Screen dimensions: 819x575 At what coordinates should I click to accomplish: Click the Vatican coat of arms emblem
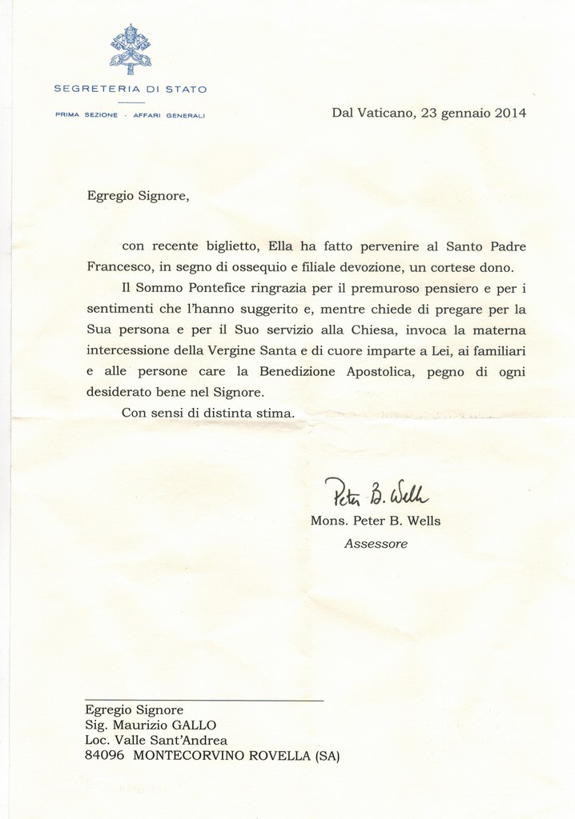tap(130, 49)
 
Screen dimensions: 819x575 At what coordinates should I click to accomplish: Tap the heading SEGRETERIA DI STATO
tap(130, 89)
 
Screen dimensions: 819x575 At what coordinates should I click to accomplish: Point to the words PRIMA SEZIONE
tap(86, 115)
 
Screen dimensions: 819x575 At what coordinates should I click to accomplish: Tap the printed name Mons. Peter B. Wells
tap(376, 521)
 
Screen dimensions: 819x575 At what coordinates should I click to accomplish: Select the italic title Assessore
tap(376, 544)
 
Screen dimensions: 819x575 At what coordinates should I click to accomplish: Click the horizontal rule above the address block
tap(204, 700)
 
